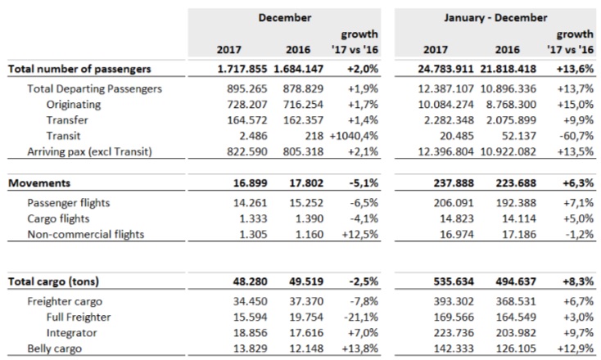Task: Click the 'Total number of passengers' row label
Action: coord(79,69)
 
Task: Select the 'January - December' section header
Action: coord(495,18)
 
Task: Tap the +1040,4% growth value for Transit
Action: coord(354,136)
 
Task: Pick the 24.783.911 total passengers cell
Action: coord(445,69)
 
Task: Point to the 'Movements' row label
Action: coord(39,183)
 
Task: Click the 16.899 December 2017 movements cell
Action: coord(251,183)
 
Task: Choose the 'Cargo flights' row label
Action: coord(58,218)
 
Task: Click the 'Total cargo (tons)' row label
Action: coord(53,281)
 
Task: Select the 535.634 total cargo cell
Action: coord(454,281)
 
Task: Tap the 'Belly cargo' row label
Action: coord(54,349)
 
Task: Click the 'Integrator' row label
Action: coord(72,333)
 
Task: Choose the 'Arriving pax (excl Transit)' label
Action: coord(90,151)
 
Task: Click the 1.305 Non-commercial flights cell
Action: coord(253,234)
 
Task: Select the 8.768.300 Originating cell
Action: coord(511,105)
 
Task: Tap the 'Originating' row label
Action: coord(74,105)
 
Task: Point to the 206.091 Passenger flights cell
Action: coord(454,203)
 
